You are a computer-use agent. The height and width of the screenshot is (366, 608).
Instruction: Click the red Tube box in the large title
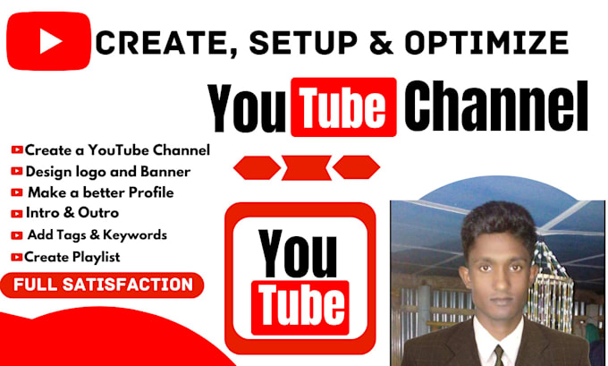[x=343, y=109]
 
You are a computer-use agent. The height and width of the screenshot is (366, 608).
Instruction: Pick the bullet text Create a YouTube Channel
[x=117, y=149]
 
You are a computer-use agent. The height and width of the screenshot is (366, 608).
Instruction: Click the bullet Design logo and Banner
[x=107, y=171]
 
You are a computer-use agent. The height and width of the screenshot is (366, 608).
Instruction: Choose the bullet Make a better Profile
[x=100, y=192]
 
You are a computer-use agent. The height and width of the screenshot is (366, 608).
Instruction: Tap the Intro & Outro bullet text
[x=72, y=213]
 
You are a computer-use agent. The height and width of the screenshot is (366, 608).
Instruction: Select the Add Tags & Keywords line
[x=97, y=235]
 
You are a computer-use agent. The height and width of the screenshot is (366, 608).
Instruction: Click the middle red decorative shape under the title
[x=306, y=167]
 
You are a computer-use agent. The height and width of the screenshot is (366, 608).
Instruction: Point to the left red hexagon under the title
[x=255, y=167]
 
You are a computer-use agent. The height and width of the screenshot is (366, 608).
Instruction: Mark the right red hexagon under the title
[x=357, y=167]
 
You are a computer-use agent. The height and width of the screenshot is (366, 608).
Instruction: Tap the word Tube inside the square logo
[x=300, y=303]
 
